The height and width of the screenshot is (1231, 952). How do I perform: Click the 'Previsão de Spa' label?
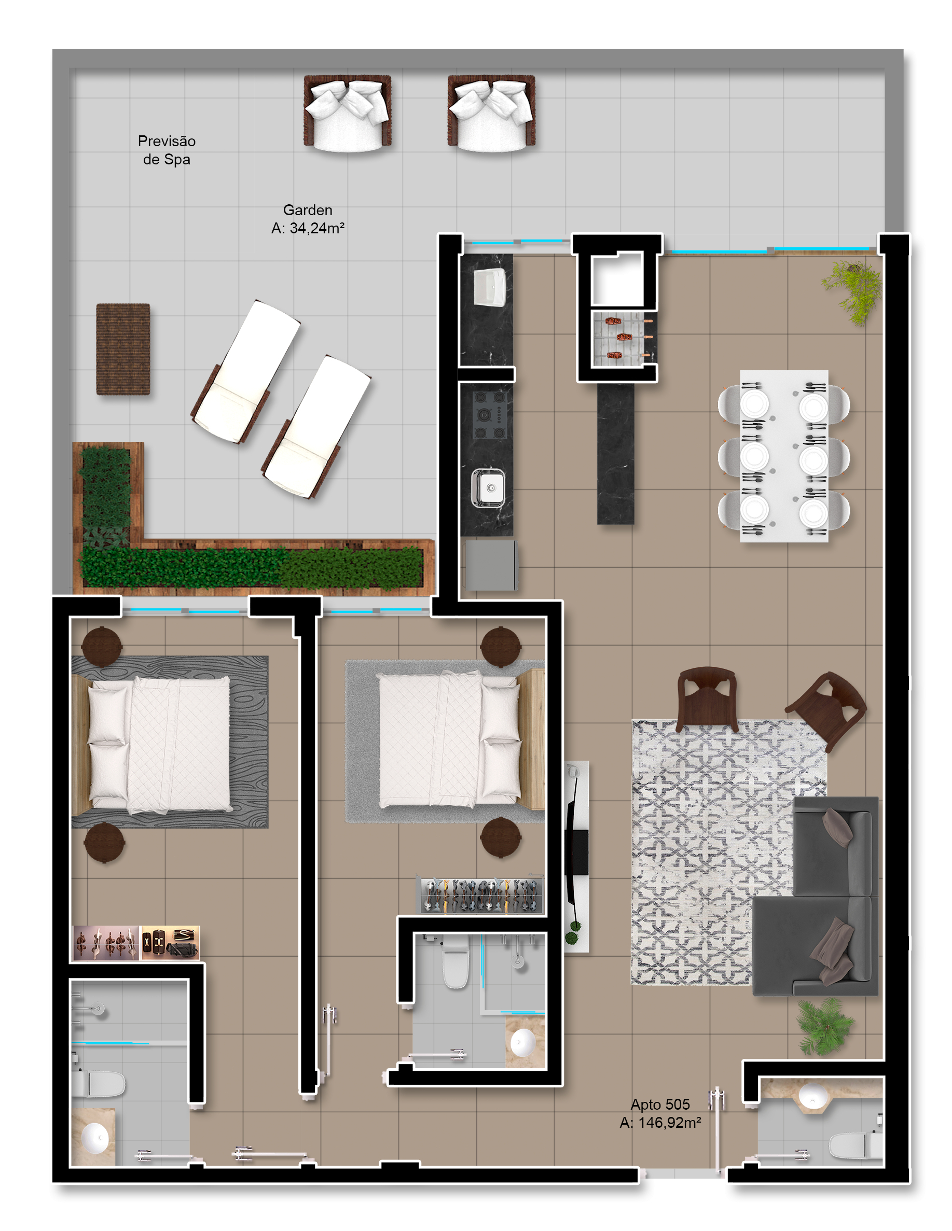tap(167, 150)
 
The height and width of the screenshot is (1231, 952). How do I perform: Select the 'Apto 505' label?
tap(660, 1104)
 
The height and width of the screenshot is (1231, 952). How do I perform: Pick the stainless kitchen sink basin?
tap(488, 487)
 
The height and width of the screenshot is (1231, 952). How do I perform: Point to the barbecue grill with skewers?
tap(623, 338)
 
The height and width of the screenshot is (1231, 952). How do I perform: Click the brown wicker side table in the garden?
tap(123, 349)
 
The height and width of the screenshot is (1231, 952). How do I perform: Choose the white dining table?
tap(784, 456)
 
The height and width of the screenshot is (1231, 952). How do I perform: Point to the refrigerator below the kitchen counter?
tap(490, 565)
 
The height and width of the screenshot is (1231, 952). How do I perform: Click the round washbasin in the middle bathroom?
tap(523, 1042)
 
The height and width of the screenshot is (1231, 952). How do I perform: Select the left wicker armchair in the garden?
tap(347, 113)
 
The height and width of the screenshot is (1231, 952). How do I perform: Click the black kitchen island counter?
tap(615, 454)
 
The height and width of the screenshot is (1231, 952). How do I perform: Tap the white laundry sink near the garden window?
tap(490, 287)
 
